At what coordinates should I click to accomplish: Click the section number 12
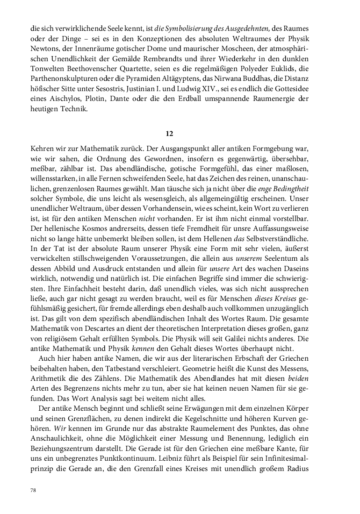(170, 133)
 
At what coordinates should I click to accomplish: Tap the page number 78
(33, 490)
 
